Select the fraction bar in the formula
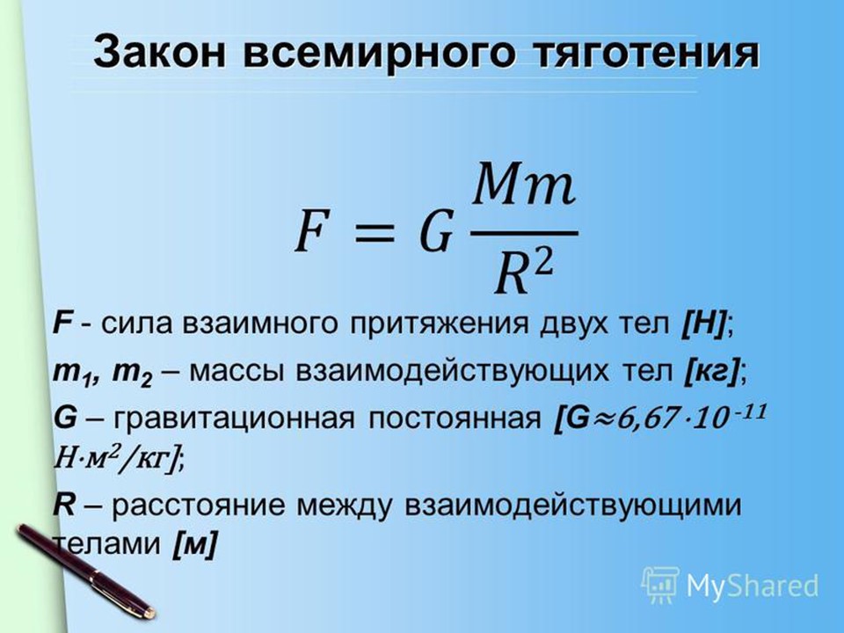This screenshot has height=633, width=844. click(x=524, y=234)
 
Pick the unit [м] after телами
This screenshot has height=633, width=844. click(x=195, y=545)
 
